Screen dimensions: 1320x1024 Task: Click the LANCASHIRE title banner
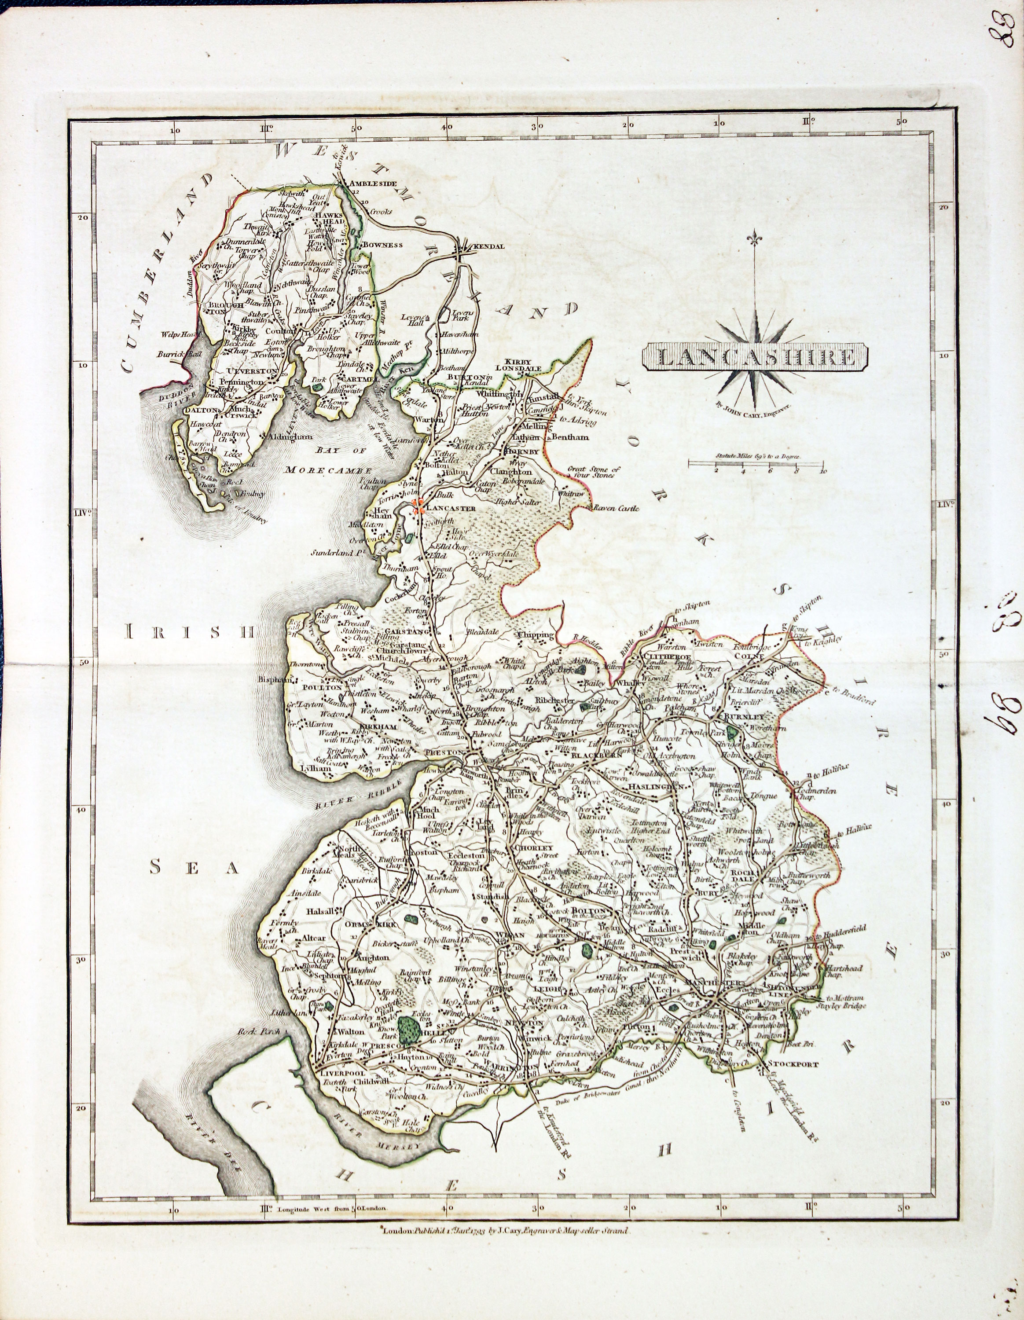pos(755,357)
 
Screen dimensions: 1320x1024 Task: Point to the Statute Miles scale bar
pos(756,464)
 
